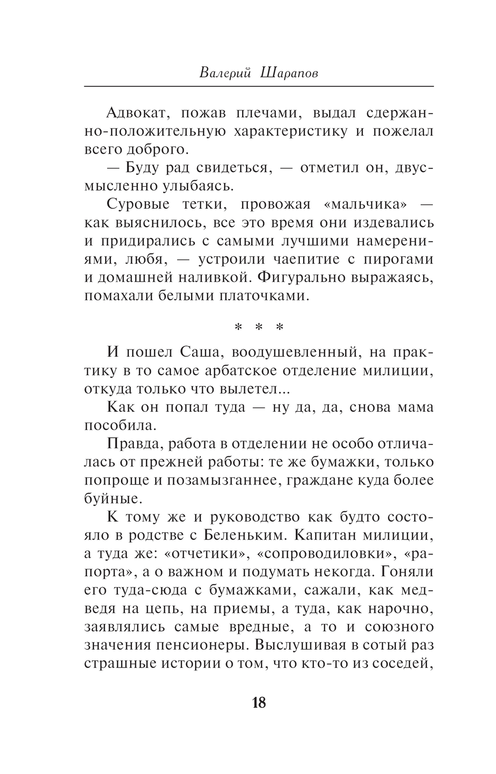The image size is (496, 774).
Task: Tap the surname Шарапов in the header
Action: coord(288,73)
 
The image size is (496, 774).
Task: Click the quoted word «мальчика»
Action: coord(365,204)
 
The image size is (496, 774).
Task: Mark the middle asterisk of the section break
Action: coord(259,328)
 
